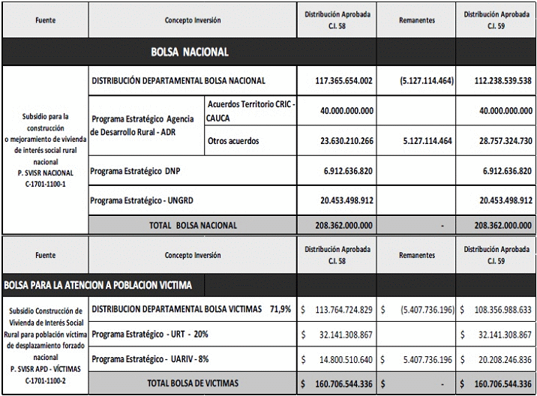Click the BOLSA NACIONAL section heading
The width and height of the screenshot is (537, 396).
tap(189, 52)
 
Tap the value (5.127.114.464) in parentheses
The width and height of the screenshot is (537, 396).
tap(417, 81)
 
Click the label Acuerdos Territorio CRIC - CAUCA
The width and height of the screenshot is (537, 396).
tap(250, 112)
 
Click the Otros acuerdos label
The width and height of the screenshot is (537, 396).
tap(232, 141)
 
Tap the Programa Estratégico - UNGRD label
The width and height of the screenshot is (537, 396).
tap(140, 200)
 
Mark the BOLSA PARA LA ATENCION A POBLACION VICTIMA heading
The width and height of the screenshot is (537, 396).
tap(97, 285)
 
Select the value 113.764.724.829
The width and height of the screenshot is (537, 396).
tap(342, 309)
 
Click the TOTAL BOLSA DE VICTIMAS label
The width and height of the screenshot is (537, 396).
tap(193, 383)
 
